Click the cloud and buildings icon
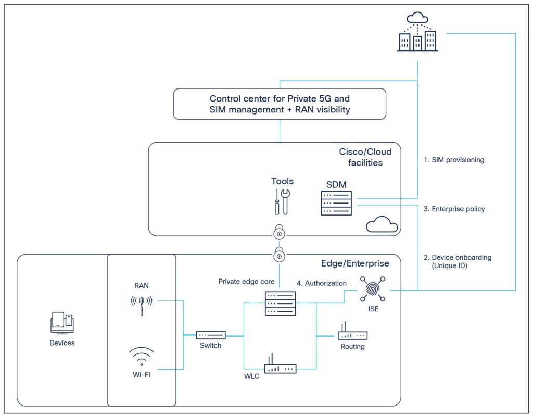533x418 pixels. click(x=417, y=33)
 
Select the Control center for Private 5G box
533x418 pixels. click(x=280, y=104)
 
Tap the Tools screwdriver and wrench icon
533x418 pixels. click(x=282, y=201)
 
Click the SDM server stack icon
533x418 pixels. click(x=336, y=203)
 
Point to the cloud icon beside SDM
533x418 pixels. click(x=382, y=224)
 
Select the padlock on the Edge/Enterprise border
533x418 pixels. click(x=280, y=255)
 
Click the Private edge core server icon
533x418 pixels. click(x=280, y=303)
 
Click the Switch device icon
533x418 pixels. click(x=211, y=335)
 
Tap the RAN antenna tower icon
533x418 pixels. click(x=141, y=305)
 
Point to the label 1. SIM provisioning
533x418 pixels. click(x=453, y=160)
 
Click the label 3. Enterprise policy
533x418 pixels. click(x=453, y=209)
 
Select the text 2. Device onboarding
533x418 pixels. click(x=456, y=257)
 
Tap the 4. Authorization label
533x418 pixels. click(x=321, y=283)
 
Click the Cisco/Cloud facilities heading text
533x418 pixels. click(x=365, y=157)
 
